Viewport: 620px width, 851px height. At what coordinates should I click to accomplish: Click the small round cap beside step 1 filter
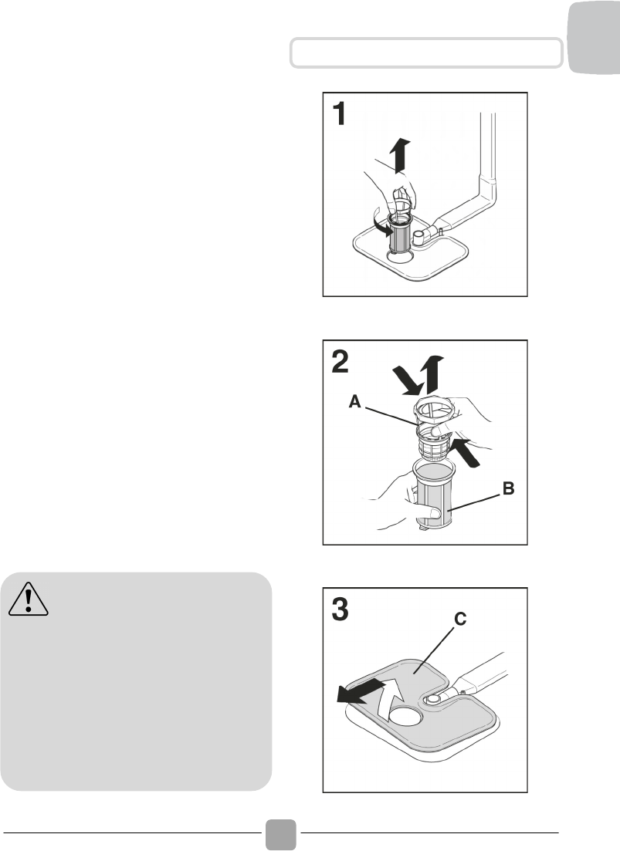[420, 235]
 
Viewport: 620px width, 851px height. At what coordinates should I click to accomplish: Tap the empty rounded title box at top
[425, 52]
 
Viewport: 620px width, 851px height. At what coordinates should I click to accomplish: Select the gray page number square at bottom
[281, 834]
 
